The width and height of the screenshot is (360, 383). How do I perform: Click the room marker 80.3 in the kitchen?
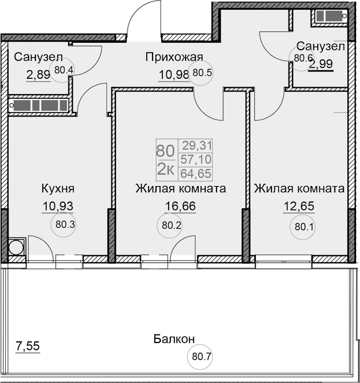click(x=66, y=224)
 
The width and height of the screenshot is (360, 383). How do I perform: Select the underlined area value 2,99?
click(x=321, y=64)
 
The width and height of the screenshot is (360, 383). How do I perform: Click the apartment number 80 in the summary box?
click(x=165, y=151)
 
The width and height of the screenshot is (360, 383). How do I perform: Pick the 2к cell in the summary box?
click(x=165, y=169)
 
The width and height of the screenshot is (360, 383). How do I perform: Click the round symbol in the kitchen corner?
click(x=16, y=247)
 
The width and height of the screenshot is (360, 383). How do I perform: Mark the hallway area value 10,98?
click(x=173, y=74)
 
